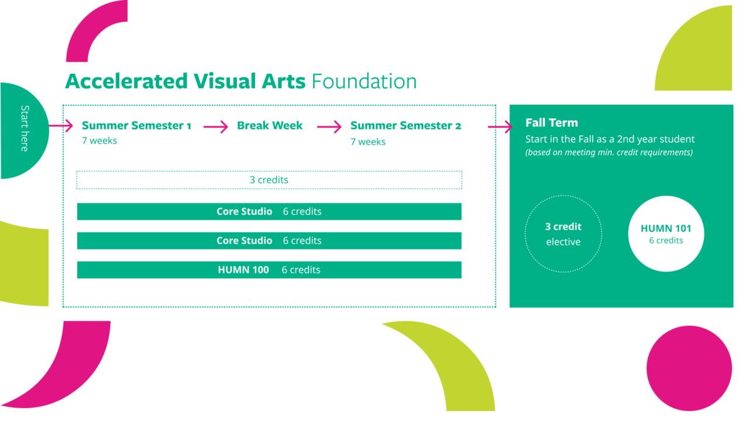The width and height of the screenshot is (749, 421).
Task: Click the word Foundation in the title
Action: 364,81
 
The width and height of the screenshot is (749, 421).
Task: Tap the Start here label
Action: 25,129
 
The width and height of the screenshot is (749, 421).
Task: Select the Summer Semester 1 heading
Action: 136,126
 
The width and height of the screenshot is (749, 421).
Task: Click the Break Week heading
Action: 270,126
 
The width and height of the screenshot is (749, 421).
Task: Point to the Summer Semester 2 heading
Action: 406,126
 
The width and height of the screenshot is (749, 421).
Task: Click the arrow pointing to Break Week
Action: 216,127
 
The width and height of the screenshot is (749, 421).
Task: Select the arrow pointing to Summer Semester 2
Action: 329,127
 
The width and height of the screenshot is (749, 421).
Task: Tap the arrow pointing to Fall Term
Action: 500,127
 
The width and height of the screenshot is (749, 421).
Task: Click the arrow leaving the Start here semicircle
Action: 61,126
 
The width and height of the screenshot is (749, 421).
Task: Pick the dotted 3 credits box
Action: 269,180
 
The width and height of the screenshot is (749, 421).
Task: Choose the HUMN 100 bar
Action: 269,270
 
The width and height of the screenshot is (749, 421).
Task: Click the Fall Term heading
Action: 551,123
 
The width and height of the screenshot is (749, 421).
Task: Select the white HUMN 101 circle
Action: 666,233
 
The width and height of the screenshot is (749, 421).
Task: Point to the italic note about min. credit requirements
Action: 609,153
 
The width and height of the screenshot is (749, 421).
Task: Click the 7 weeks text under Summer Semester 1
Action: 99,141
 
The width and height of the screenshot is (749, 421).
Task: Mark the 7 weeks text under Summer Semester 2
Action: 368,142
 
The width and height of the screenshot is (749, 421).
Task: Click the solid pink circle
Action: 689,368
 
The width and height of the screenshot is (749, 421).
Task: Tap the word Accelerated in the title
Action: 126,81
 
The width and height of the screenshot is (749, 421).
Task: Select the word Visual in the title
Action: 225,81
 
